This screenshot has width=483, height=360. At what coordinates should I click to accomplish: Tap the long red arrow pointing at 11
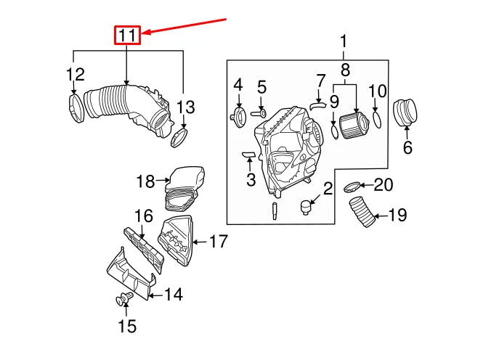point(184,25)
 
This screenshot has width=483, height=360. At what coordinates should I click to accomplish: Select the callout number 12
point(76,74)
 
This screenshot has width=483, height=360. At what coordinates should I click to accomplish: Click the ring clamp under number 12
point(76,107)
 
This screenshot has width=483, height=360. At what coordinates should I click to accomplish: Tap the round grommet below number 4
point(238,116)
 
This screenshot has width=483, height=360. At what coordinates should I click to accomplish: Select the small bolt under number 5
point(260,112)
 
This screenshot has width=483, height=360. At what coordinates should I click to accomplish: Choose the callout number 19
point(397,216)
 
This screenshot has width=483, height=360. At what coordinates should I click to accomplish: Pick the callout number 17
point(219,241)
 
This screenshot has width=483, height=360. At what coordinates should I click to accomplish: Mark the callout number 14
point(173,294)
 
